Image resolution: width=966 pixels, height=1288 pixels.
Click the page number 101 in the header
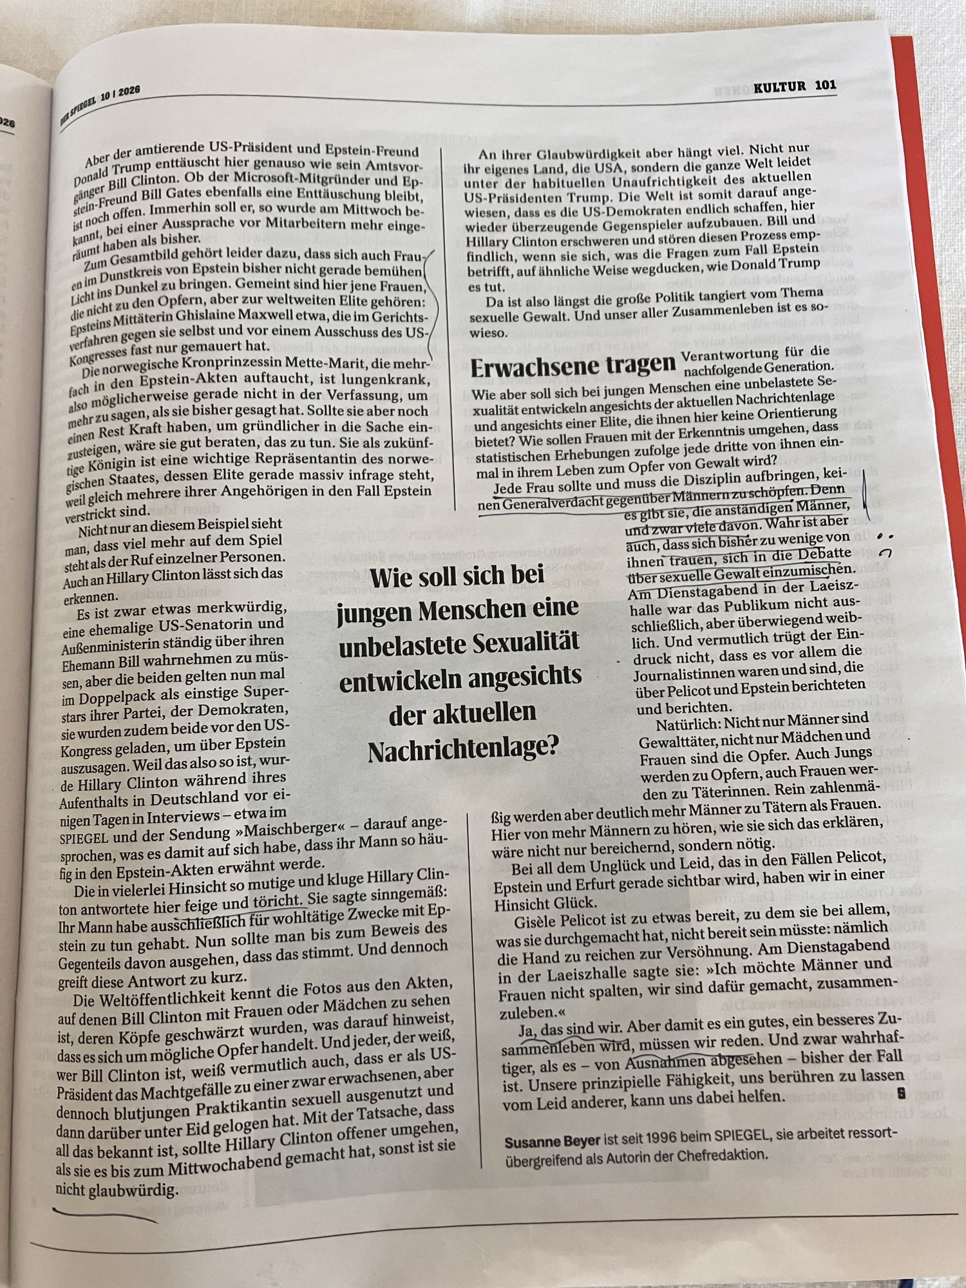[x=825, y=85]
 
